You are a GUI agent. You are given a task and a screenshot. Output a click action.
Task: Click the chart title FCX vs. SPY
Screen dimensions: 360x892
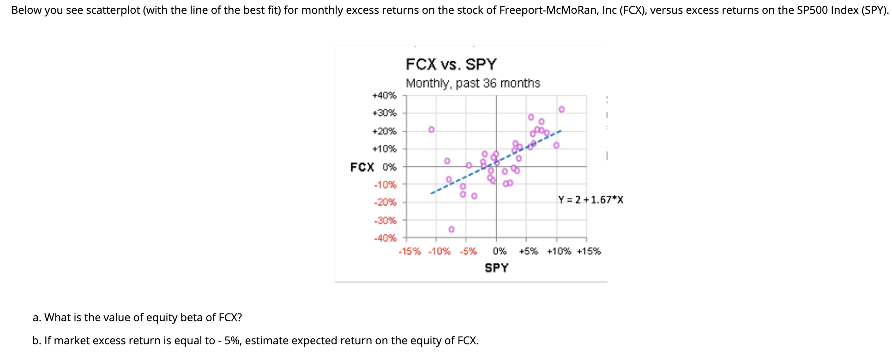tap(451, 64)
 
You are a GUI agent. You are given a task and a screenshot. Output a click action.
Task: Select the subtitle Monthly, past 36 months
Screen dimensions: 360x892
tap(473, 84)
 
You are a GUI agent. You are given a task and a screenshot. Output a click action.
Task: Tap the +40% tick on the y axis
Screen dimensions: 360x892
tap(384, 96)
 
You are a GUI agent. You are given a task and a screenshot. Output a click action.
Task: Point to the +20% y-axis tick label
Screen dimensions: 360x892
tap(384, 131)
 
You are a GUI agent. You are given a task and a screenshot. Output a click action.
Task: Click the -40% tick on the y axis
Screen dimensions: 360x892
tap(385, 238)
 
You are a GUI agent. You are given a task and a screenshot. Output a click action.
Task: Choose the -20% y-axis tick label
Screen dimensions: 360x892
tap(385, 202)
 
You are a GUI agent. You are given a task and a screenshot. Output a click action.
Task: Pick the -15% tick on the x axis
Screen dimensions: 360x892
tap(410, 252)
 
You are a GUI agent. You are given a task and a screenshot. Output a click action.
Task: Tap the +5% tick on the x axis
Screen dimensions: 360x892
tap(528, 252)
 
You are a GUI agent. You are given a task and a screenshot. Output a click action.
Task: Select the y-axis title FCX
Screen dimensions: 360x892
tap(362, 167)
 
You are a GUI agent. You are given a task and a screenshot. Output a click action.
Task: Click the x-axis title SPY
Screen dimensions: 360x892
tap(496, 268)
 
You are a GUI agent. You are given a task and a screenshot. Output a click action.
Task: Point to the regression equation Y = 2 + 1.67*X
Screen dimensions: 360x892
tap(591, 200)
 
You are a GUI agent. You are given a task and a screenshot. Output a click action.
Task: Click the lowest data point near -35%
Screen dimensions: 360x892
tap(452, 229)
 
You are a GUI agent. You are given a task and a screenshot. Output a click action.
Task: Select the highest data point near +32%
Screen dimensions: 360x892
tap(561, 109)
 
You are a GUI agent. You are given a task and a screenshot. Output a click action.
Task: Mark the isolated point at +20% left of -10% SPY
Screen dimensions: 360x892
tap(431, 129)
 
